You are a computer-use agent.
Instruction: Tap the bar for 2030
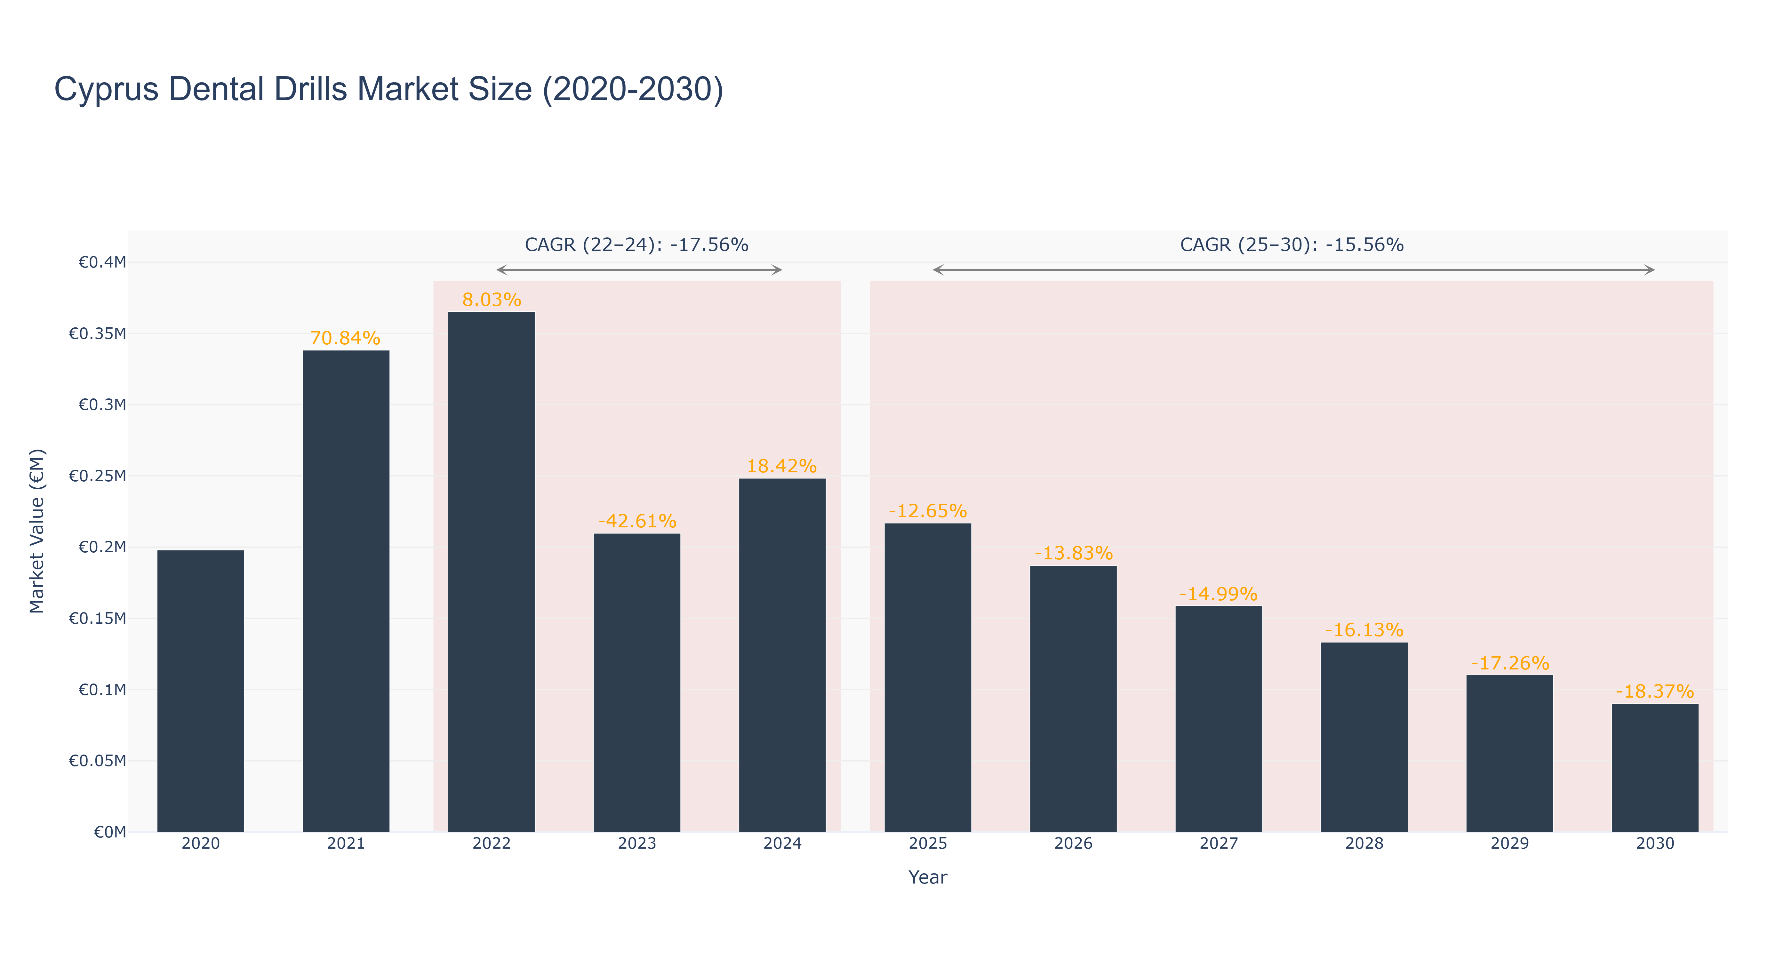[1655, 768]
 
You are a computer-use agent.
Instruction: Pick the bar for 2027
[1219, 719]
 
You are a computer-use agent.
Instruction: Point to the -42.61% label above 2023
[637, 521]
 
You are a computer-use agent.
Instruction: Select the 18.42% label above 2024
[782, 466]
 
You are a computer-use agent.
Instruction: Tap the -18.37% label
[1655, 692]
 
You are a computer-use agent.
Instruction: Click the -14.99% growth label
[1219, 594]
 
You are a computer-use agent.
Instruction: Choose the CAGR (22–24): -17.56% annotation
[636, 245]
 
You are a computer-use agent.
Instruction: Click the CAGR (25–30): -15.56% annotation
[1292, 245]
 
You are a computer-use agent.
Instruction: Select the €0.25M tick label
[97, 476]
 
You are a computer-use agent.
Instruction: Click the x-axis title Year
[928, 877]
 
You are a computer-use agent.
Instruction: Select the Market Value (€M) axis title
[37, 531]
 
